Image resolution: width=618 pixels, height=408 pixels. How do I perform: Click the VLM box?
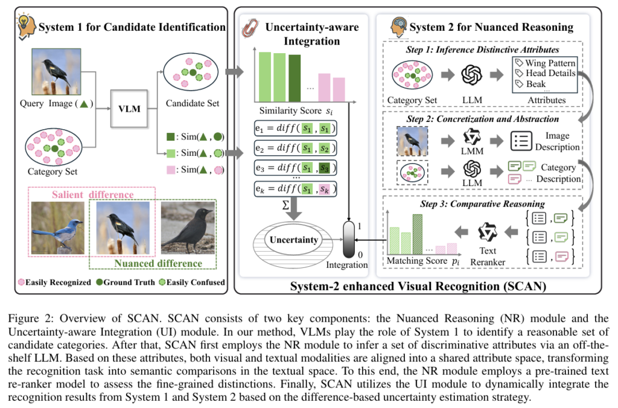click(x=129, y=109)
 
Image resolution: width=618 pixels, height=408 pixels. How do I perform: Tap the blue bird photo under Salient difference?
click(x=58, y=228)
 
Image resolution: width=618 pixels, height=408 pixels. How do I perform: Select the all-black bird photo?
click(x=188, y=228)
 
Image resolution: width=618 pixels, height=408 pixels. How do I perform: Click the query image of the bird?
click(x=56, y=72)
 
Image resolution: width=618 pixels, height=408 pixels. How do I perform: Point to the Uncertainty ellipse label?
click(x=294, y=240)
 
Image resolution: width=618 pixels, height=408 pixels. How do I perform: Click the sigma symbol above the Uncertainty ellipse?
click(x=285, y=205)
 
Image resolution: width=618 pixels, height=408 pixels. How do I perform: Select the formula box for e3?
click(x=296, y=168)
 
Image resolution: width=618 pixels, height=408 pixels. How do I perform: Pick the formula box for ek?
click(x=296, y=189)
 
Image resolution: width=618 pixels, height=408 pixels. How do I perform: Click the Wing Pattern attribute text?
click(x=550, y=63)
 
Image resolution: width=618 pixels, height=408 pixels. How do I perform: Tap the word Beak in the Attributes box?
click(x=536, y=84)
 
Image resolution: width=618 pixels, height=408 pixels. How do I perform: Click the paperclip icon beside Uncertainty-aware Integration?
click(x=250, y=28)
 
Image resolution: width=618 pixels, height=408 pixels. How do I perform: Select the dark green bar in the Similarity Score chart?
click(x=295, y=78)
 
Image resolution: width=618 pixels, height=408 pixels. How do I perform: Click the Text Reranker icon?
click(x=488, y=232)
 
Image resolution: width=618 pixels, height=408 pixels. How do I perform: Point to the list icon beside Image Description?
click(x=521, y=141)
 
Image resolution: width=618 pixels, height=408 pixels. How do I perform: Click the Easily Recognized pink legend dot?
click(x=21, y=282)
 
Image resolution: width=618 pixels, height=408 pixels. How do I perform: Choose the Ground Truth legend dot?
click(x=100, y=282)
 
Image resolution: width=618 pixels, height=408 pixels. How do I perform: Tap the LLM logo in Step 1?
click(x=472, y=74)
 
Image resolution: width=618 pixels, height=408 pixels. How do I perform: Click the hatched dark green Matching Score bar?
click(x=418, y=234)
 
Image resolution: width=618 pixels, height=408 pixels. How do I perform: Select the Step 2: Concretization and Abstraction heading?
click(x=482, y=119)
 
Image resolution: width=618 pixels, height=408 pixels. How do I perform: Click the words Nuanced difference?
click(x=158, y=263)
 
